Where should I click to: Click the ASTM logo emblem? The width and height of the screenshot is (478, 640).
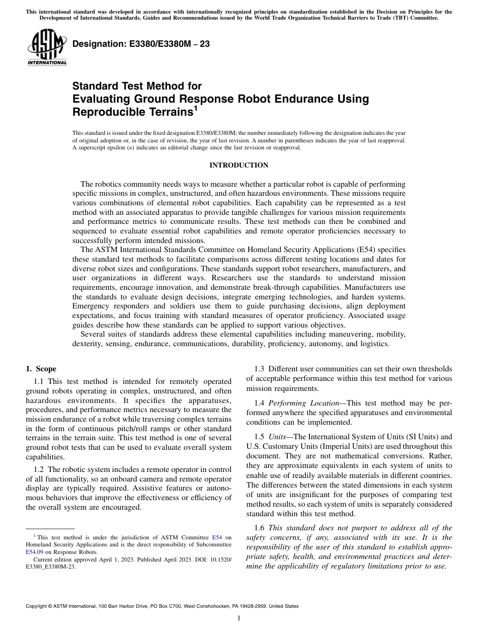click(x=47, y=46)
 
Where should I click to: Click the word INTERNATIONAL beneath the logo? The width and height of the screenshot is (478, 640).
click(x=47, y=63)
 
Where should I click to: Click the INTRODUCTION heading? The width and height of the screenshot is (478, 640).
click(x=238, y=165)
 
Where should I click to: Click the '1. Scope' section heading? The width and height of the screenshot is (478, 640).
click(x=41, y=369)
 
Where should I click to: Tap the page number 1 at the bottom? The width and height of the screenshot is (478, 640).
click(x=239, y=618)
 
